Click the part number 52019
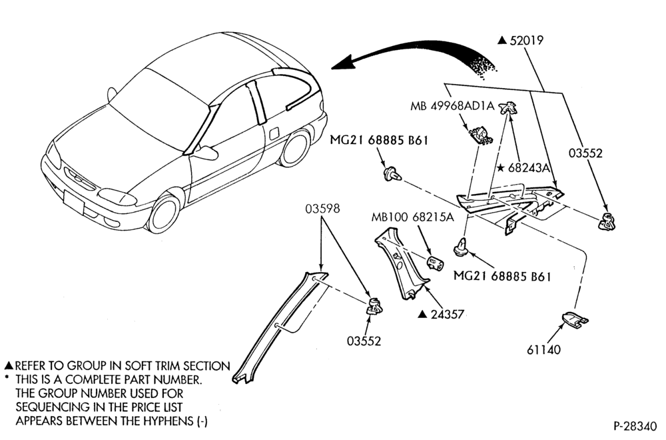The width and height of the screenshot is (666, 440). pyautogui.click(x=526, y=41)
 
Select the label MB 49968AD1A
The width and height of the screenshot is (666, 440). pyautogui.click(x=452, y=106)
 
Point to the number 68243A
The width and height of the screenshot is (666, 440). pyautogui.click(x=529, y=168)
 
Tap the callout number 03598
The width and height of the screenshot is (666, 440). pyautogui.click(x=322, y=209)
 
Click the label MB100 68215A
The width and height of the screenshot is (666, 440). pyautogui.click(x=412, y=217)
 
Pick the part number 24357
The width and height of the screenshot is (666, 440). pyautogui.click(x=447, y=315)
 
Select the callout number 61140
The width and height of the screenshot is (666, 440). pyautogui.click(x=543, y=350)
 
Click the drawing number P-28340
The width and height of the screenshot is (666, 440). pyautogui.click(x=635, y=425)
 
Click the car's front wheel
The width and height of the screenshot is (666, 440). pyautogui.click(x=166, y=213)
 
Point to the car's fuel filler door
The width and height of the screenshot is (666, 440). pyautogui.click(x=276, y=131)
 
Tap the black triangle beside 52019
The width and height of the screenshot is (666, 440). pyautogui.click(x=502, y=41)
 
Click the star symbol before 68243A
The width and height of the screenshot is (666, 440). pyautogui.click(x=501, y=168)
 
